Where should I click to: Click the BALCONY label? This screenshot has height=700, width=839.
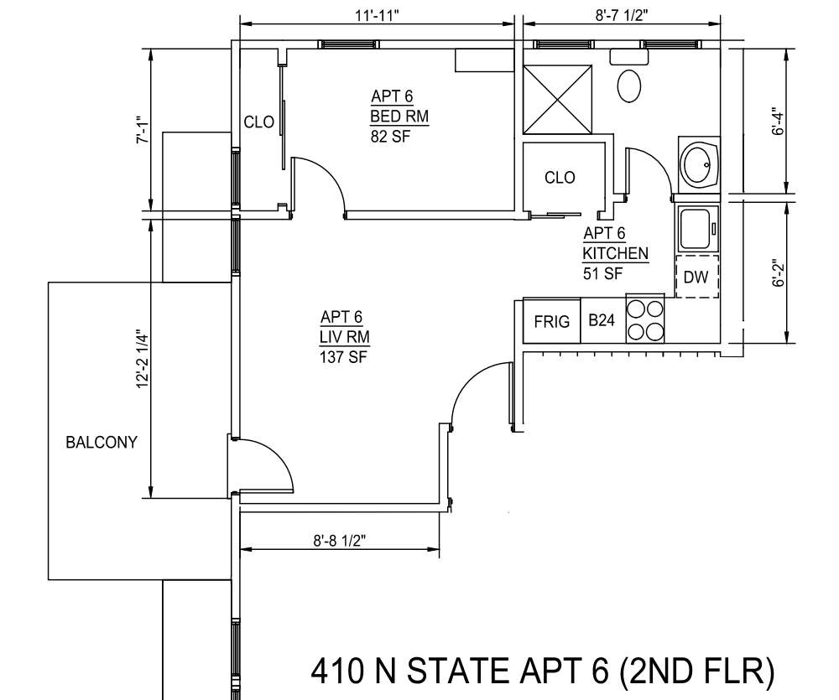click(x=102, y=443)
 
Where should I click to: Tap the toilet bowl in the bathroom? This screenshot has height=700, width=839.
click(x=629, y=86)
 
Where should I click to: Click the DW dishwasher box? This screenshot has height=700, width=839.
click(x=696, y=277)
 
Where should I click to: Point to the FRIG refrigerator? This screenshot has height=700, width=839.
click(x=552, y=321)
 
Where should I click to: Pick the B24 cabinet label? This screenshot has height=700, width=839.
click(x=602, y=320)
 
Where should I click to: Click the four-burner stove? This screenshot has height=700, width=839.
click(x=645, y=319)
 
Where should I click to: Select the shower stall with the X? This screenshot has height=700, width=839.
click(x=558, y=100)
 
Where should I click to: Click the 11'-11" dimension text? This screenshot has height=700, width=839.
click(x=378, y=15)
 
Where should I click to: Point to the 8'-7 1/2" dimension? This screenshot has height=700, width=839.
click(x=622, y=15)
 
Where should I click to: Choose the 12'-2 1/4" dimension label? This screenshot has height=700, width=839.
click(x=142, y=358)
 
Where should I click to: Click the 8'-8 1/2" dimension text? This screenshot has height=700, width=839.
click(x=340, y=541)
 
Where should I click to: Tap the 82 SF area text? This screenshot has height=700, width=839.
click(x=391, y=137)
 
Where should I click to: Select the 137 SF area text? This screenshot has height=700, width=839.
click(x=343, y=356)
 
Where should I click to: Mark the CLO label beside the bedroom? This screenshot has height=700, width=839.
click(x=259, y=122)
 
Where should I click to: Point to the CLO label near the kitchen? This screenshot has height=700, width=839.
click(x=560, y=177)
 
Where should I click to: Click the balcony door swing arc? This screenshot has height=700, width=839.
click(x=275, y=457)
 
